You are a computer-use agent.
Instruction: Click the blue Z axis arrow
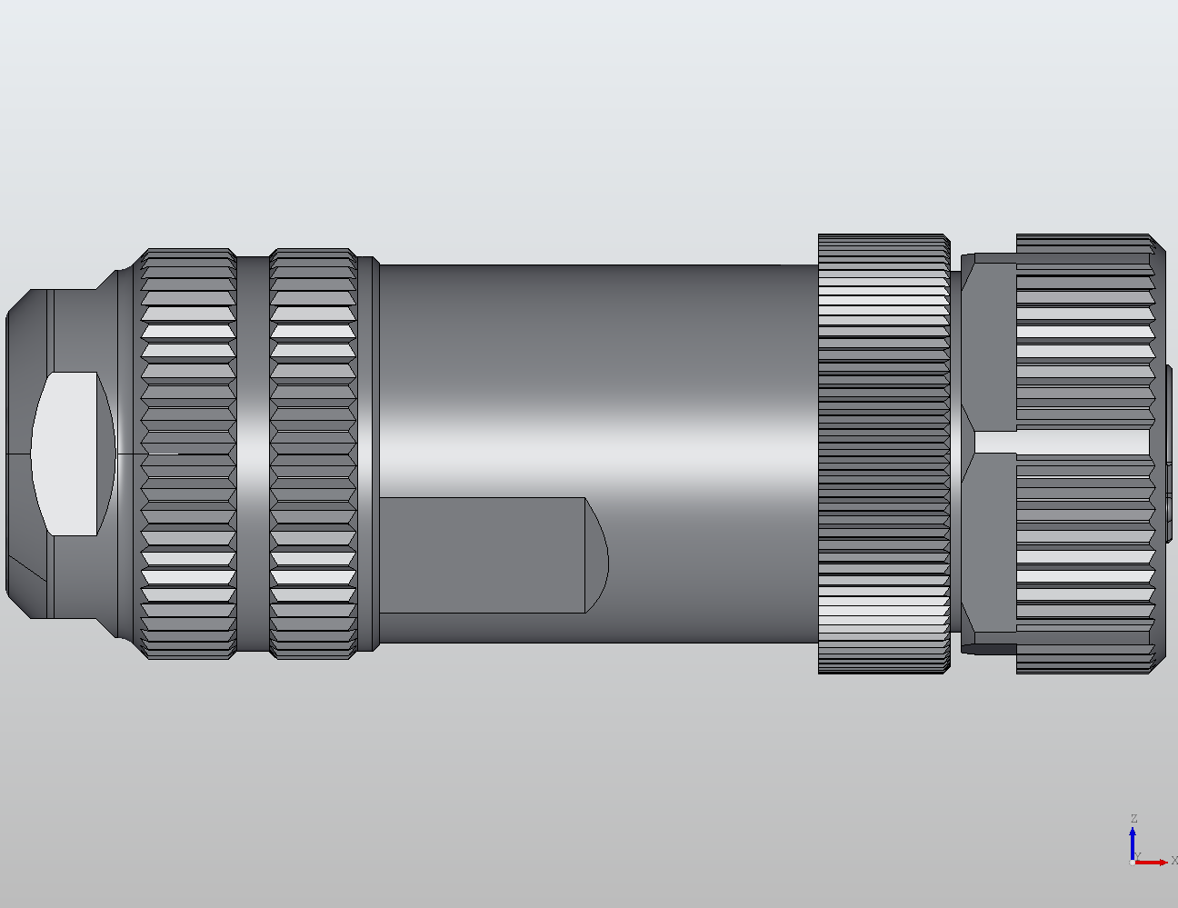(x=1133, y=842)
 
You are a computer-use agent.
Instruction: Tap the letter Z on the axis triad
(x=1133, y=819)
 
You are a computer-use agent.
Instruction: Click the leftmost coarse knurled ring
(x=189, y=454)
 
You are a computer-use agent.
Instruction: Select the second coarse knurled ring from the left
(x=313, y=454)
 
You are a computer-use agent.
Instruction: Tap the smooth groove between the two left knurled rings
(x=253, y=454)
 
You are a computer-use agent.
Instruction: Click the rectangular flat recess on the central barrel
(x=482, y=554)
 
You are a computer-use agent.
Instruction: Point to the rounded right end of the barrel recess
(x=596, y=554)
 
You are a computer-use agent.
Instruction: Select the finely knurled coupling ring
(x=883, y=454)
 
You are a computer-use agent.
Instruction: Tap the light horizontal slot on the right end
(x=1059, y=441)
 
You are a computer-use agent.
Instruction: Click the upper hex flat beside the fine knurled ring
(x=989, y=345)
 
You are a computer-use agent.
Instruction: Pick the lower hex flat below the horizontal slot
(x=989, y=545)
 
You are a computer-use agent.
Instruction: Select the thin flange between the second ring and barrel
(x=368, y=454)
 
